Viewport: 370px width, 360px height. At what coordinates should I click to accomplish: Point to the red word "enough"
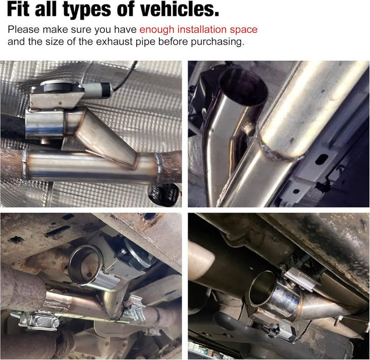(157, 30)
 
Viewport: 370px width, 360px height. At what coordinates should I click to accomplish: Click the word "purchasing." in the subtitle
(217, 42)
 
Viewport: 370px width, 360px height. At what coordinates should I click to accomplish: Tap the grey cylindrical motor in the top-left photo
(97, 89)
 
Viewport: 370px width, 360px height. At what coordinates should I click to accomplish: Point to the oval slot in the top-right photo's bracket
(321, 159)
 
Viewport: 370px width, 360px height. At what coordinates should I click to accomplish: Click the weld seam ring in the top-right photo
(281, 151)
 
